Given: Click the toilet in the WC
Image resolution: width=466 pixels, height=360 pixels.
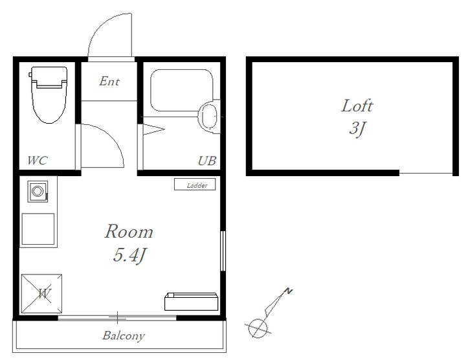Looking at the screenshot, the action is click(x=49, y=95).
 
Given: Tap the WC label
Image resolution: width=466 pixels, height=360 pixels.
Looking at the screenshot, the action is click(x=37, y=161).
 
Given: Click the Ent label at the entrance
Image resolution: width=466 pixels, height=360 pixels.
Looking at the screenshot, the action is click(x=109, y=81).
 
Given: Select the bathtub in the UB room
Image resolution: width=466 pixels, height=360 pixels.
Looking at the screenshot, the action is click(x=182, y=91).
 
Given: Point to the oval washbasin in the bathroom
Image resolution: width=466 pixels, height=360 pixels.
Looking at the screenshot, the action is click(x=210, y=117).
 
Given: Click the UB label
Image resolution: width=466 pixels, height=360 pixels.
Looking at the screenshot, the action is click(x=207, y=161).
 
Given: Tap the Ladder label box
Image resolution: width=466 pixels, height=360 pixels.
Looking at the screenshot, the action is click(x=195, y=185).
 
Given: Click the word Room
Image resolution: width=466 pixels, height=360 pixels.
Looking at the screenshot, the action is click(x=129, y=231).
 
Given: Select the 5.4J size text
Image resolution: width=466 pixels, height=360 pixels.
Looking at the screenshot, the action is click(x=130, y=255).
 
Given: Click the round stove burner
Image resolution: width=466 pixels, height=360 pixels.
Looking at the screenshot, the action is click(x=38, y=191).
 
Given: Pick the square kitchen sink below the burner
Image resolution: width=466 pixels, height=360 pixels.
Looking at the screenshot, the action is click(x=38, y=229).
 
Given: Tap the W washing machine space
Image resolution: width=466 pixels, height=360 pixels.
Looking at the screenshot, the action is click(x=41, y=293).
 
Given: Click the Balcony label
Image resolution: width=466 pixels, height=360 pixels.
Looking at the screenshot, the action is click(x=124, y=335).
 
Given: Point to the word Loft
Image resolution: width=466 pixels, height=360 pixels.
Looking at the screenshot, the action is click(x=357, y=106).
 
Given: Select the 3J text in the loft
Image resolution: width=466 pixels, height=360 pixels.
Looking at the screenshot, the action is click(x=357, y=128).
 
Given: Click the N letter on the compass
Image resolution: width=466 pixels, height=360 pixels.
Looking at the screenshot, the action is click(x=288, y=291).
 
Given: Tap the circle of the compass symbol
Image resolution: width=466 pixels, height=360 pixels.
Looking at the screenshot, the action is click(x=258, y=328).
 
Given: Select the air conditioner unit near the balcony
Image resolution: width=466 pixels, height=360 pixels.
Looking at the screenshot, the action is click(x=191, y=302).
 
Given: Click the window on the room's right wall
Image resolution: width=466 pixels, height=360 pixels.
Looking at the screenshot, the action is click(x=223, y=251).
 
